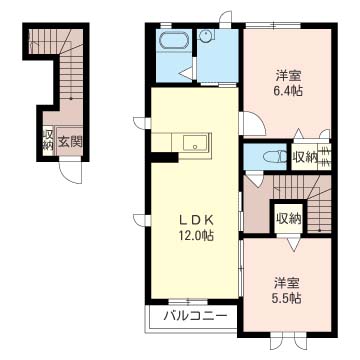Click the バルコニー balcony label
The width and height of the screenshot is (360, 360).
click(196, 317)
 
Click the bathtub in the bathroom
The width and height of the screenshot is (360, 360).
click(174, 44)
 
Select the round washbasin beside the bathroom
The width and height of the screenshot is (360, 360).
click(206, 37)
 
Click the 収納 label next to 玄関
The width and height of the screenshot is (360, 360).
click(48, 140)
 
